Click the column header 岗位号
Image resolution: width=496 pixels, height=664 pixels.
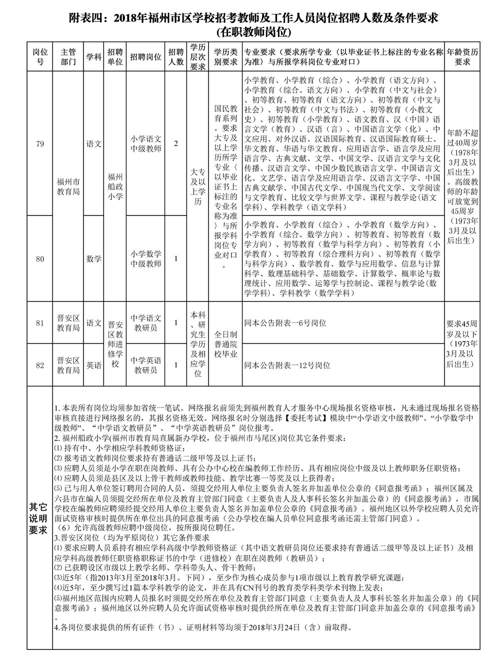[x=40, y=57]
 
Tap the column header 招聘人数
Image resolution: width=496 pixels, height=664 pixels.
[x=175, y=57]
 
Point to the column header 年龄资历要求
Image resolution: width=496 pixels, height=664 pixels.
[x=462, y=57]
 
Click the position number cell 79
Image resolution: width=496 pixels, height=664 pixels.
[x=40, y=144]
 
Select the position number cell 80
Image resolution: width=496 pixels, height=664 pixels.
[x=40, y=258]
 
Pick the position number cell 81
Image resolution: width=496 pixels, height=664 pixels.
[x=40, y=323]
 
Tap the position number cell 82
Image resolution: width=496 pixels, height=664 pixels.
[x=40, y=365]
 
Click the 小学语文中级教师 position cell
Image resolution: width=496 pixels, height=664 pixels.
[x=146, y=144]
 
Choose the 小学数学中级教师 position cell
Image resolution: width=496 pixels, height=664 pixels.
[x=146, y=258]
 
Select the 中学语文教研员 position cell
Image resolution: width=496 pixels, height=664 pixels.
[x=146, y=323]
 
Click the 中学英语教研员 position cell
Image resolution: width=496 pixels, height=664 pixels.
[x=146, y=365]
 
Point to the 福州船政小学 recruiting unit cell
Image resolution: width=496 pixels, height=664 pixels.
[x=115, y=186]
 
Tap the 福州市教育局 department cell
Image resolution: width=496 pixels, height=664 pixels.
[x=68, y=186]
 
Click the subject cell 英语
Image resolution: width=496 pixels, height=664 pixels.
[x=93, y=365]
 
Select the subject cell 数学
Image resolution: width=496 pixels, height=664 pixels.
[x=93, y=258]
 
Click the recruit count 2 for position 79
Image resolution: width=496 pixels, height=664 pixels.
[x=175, y=144]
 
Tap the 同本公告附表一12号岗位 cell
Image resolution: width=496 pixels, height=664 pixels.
[x=287, y=365]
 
